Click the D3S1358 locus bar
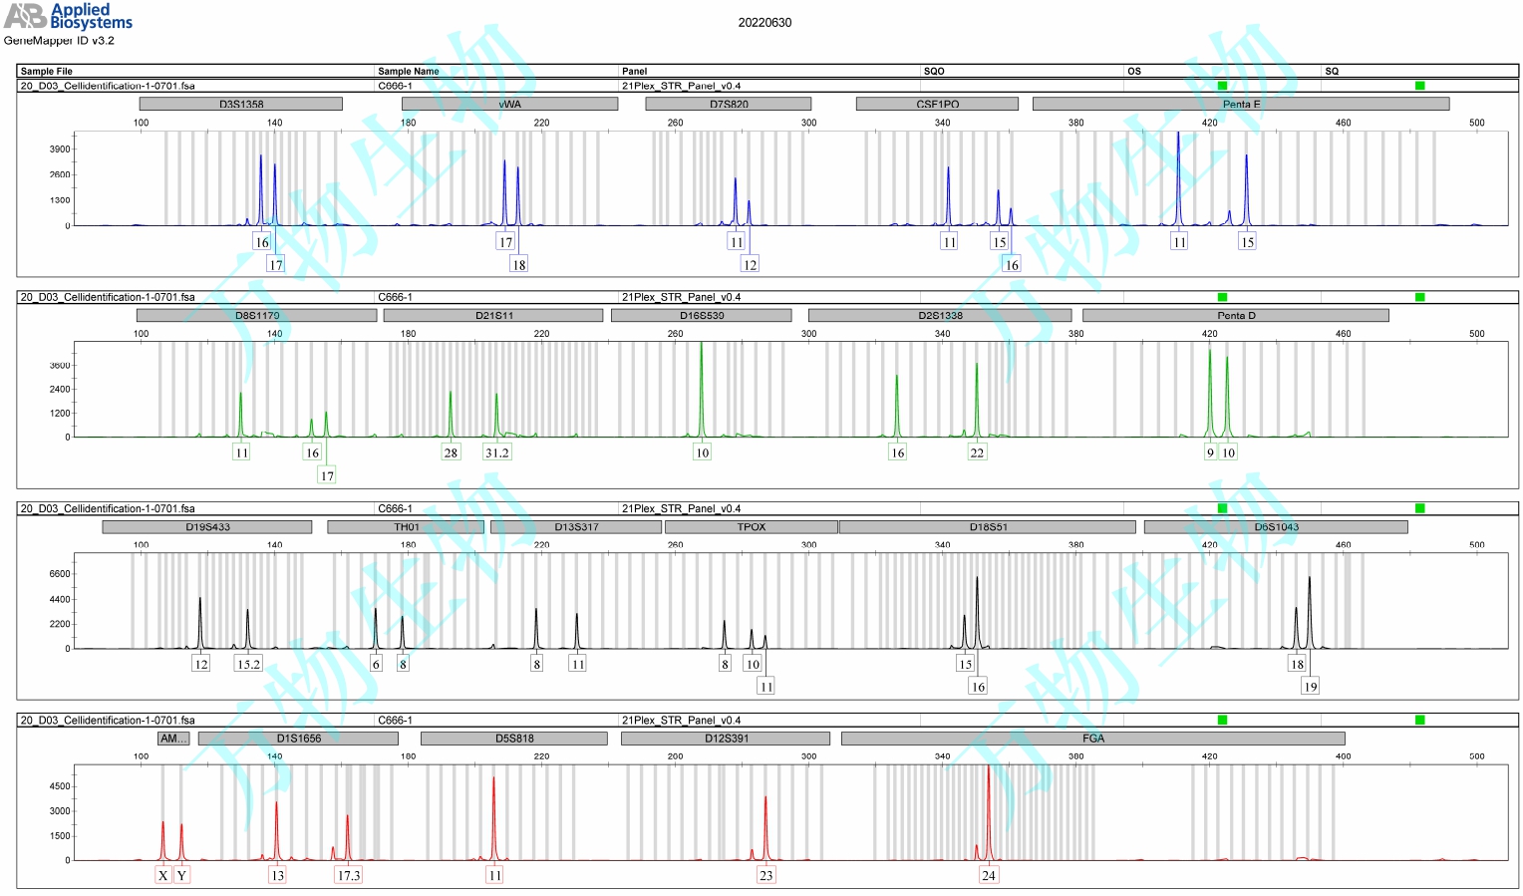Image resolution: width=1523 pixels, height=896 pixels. pyautogui.click(x=240, y=104)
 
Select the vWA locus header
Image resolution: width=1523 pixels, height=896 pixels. pyautogui.click(x=509, y=104)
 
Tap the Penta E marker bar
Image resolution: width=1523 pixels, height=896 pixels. pyautogui.click(x=1241, y=104)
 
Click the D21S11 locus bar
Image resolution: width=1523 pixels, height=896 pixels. pyautogui.click(x=493, y=315)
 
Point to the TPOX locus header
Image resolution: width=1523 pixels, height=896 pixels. pyautogui.click(x=751, y=526)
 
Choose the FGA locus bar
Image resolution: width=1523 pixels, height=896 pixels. pyautogui.click(x=1092, y=739)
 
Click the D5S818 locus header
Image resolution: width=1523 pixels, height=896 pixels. pyautogui.click(x=514, y=739)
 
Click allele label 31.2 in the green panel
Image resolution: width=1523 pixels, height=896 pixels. pyautogui.click(x=496, y=452)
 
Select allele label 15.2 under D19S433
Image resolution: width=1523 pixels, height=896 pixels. pyautogui.click(x=247, y=664)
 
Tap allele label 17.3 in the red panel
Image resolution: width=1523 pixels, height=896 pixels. pyautogui.click(x=348, y=875)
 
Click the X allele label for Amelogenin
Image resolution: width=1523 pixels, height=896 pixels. pyautogui.click(x=163, y=875)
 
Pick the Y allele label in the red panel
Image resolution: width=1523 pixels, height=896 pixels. pyautogui.click(x=181, y=875)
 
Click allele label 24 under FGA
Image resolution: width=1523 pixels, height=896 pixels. pyautogui.click(x=988, y=875)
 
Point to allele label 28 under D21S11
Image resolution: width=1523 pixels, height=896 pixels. pyautogui.click(x=451, y=452)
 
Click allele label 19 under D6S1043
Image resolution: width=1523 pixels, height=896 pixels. pyautogui.click(x=1310, y=686)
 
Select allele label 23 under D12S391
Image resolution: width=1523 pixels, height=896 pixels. pyautogui.click(x=765, y=875)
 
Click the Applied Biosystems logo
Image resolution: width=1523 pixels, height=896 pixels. pyautogui.click(x=68, y=16)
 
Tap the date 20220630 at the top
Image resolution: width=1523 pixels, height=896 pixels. pyautogui.click(x=764, y=22)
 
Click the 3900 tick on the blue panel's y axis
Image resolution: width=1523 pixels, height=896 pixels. pyautogui.click(x=60, y=149)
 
